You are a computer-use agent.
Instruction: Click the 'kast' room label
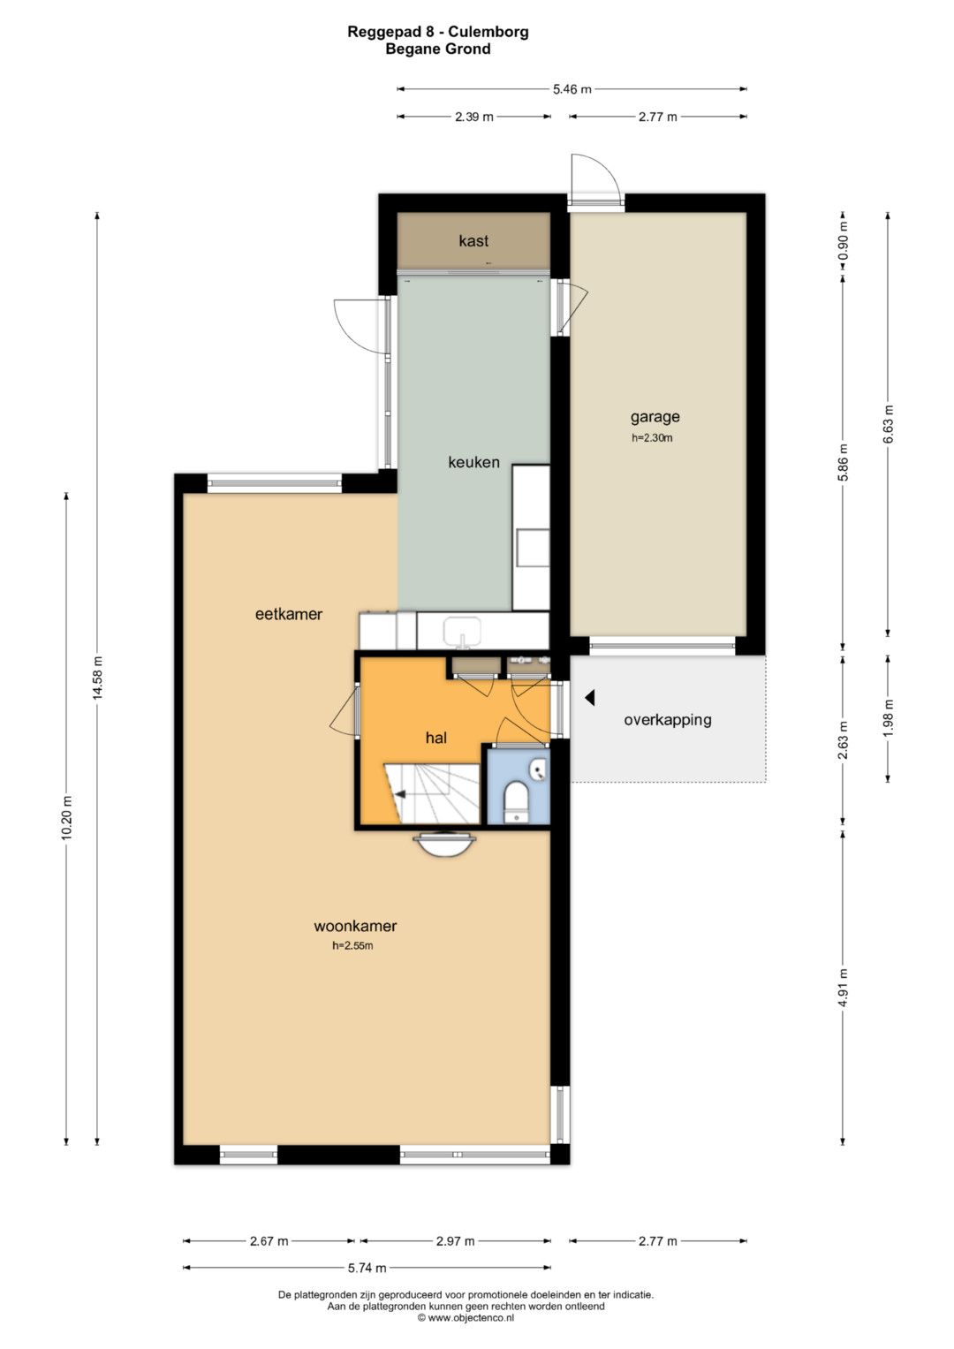[473, 241]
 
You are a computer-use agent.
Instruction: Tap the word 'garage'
[655, 417]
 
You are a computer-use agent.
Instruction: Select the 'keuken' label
[474, 462]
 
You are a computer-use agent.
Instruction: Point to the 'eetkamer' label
[289, 614]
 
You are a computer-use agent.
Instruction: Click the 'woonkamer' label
[355, 926]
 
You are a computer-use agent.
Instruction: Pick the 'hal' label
[436, 737]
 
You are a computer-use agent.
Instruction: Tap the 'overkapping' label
[667, 720]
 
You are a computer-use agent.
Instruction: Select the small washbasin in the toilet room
[539, 769]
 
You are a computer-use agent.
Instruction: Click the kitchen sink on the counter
[462, 633]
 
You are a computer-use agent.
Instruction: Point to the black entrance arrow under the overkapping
[590, 698]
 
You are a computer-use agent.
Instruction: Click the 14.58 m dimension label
[97, 677]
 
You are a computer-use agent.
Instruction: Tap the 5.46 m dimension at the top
[572, 89]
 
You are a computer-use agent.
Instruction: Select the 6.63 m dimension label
[889, 424]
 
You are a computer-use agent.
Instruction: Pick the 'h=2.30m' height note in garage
[652, 438]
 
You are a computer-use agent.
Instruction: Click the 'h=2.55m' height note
[353, 945]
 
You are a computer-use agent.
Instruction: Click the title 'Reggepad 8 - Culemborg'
[438, 31]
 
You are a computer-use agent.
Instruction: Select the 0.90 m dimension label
[843, 240]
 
